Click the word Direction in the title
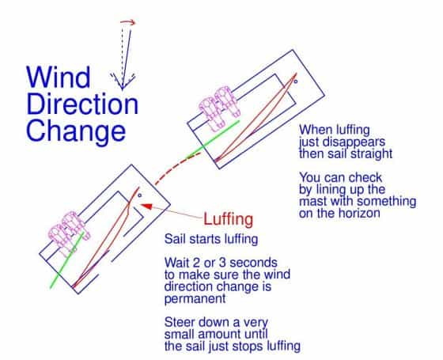point(81,104)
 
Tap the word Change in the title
point(74,129)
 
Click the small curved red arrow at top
point(127,22)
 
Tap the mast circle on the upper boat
point(296,81)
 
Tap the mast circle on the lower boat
point(139,195)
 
